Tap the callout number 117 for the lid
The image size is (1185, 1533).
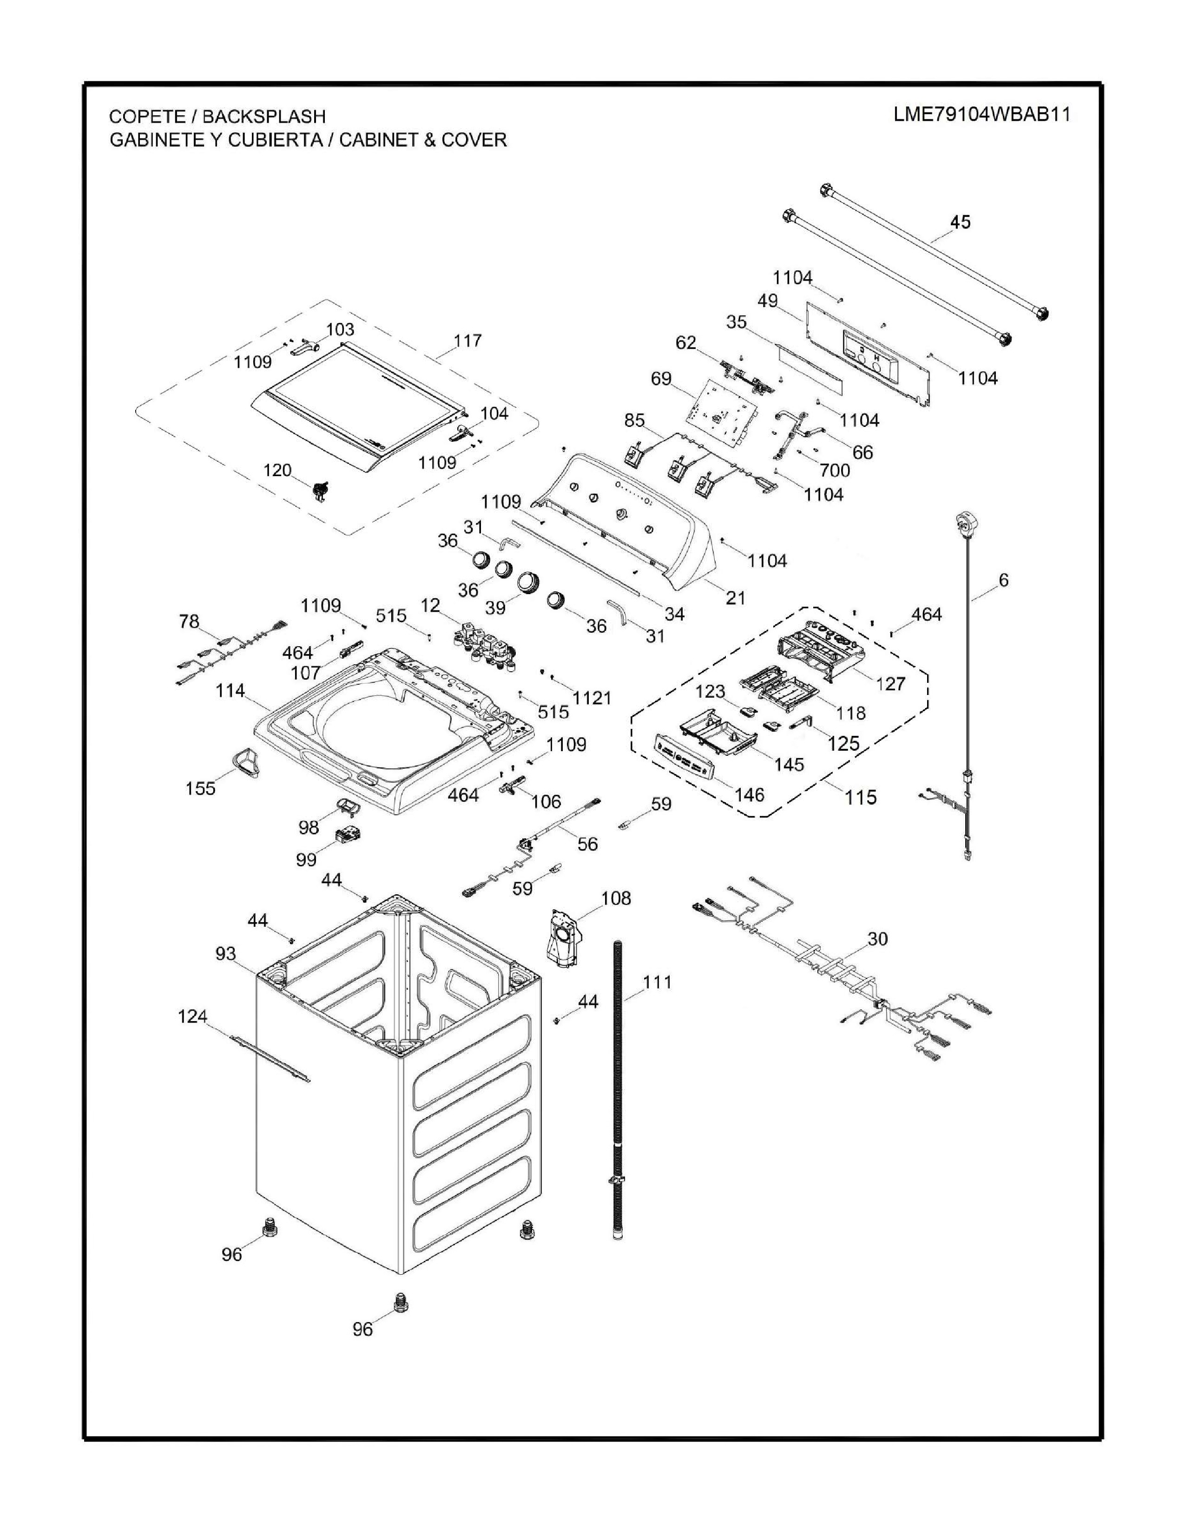click(x=467, y=341)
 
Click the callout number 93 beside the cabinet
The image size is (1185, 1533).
click(x=226, y=953)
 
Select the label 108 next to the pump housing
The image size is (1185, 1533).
click(x=616, y=898)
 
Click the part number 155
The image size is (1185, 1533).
click(x=200, y=788)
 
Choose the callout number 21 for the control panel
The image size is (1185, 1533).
click(x=735, y=597)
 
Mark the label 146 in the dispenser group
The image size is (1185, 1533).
click(x=749, y=794)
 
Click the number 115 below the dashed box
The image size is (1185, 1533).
click(x=861, y=797)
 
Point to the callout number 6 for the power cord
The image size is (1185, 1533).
click(x=1003, y=580)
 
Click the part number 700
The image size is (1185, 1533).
click(x=835, y=470)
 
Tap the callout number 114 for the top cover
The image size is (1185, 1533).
click(x=230, y=691)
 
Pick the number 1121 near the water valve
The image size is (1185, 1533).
click(x=592, y=698)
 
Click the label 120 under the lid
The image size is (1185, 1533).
click(x=277, y=470)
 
